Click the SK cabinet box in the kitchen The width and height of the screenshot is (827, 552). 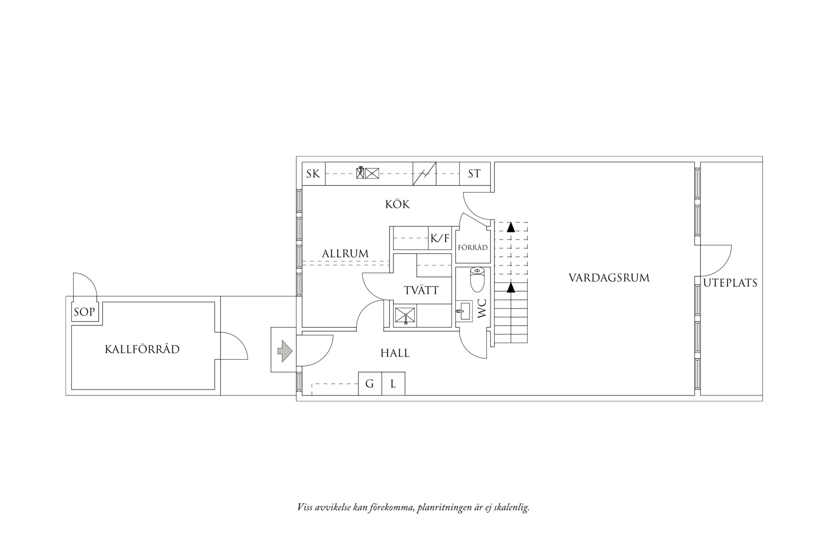coord(313,174)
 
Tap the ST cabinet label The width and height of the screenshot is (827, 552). coord(474,174)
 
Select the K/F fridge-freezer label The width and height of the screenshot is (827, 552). coord(440,239)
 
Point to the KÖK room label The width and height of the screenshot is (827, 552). coord(397,204)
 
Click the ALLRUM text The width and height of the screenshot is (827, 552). coord(345,254)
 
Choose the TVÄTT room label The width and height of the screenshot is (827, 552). coord(421,291)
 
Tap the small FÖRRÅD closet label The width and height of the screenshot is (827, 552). coord(473,247)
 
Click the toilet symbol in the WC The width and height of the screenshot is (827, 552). coord(477,279)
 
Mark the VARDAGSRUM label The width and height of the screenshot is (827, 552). coord(609,278)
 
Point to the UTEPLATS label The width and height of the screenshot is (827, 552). coord(730,283)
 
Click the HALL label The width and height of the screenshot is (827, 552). coord(395,353)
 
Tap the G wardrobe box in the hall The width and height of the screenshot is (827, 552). coord(370,384)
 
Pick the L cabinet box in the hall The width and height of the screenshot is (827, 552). coord(393,384)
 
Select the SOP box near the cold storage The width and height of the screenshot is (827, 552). coord(84,312)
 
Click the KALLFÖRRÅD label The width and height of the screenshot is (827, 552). coord(142,349)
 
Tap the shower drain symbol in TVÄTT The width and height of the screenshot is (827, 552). coord(405,315)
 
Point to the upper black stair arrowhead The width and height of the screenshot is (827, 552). coord(511,227)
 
